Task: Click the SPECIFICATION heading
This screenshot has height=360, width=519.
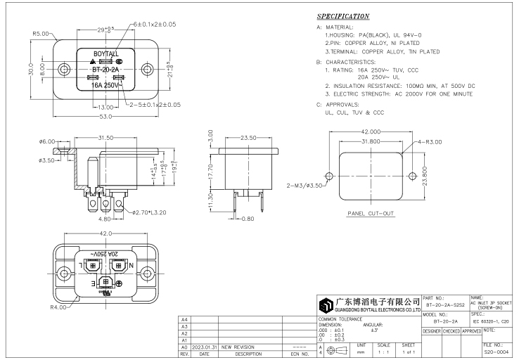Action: pos(342,16)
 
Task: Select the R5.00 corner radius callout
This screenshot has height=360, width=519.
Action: pos(40,34)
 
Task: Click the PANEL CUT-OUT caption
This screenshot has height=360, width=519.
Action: pos(371,212)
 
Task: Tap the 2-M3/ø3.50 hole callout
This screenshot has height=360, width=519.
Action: pos(305,186)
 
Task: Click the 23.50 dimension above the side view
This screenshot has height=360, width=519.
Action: pos(249,138)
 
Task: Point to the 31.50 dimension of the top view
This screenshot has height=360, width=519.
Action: pos(106,138)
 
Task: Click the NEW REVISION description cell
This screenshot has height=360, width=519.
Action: pos(237,347)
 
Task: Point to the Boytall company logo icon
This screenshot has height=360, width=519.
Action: pos(326,305)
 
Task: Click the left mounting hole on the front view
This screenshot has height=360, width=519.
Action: pos(65,69)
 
